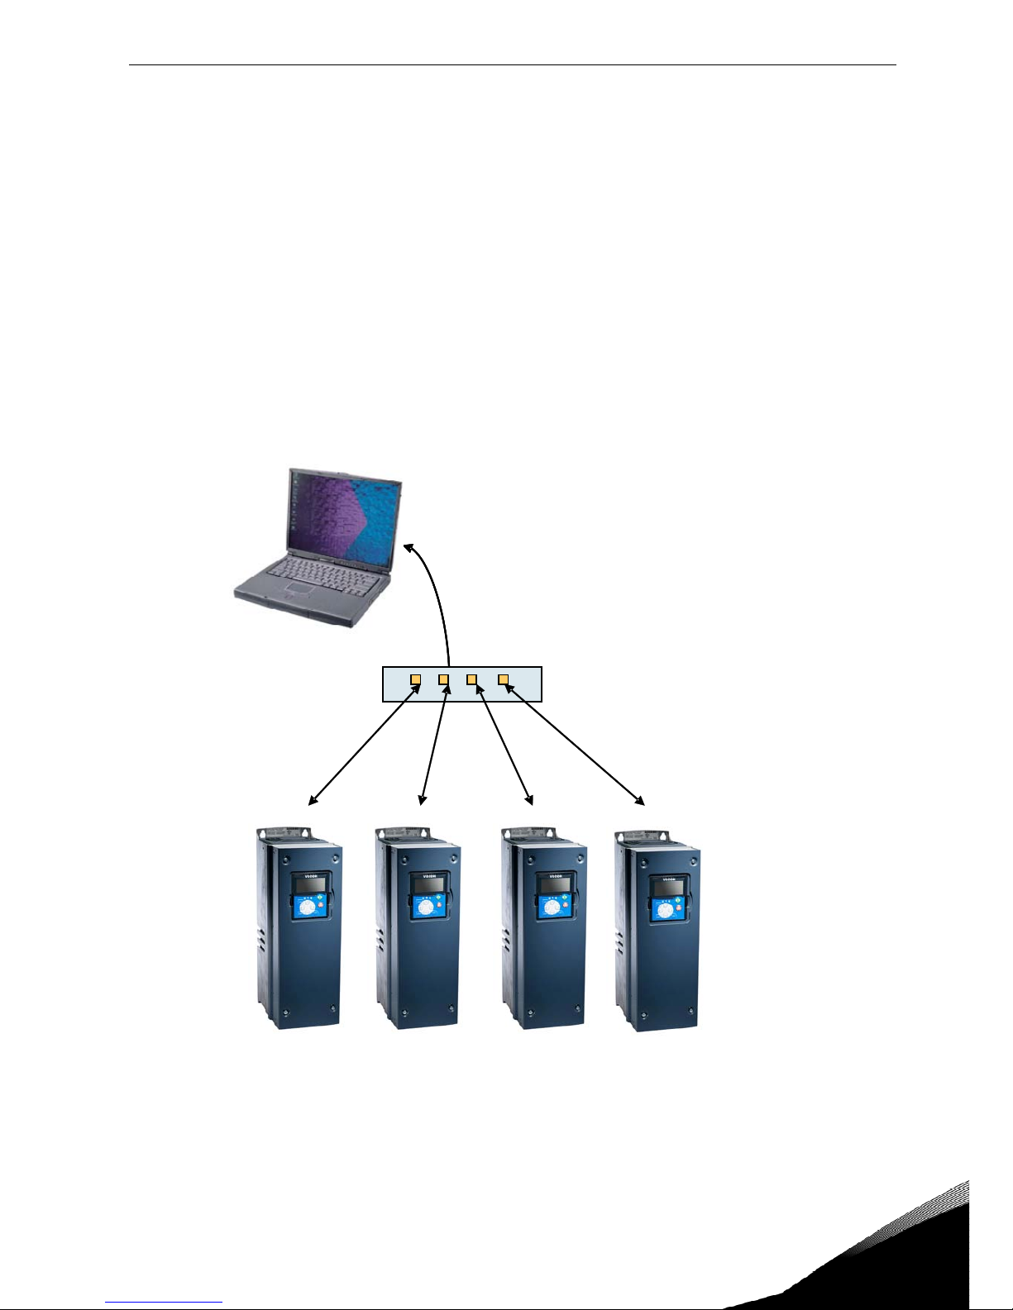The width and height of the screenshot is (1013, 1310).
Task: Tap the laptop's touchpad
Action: [295, 589]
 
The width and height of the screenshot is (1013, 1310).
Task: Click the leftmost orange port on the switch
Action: [416, 680]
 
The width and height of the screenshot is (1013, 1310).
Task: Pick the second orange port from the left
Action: [444, 680]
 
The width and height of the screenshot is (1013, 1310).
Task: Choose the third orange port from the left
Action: [472, 679]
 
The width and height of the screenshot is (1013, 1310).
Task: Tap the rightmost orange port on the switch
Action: [503, 679]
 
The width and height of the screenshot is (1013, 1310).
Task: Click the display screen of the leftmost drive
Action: [301, 885]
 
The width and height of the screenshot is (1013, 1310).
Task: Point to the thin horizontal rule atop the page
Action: [513, 65]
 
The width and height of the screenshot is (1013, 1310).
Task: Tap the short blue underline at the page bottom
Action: [164, 1303]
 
